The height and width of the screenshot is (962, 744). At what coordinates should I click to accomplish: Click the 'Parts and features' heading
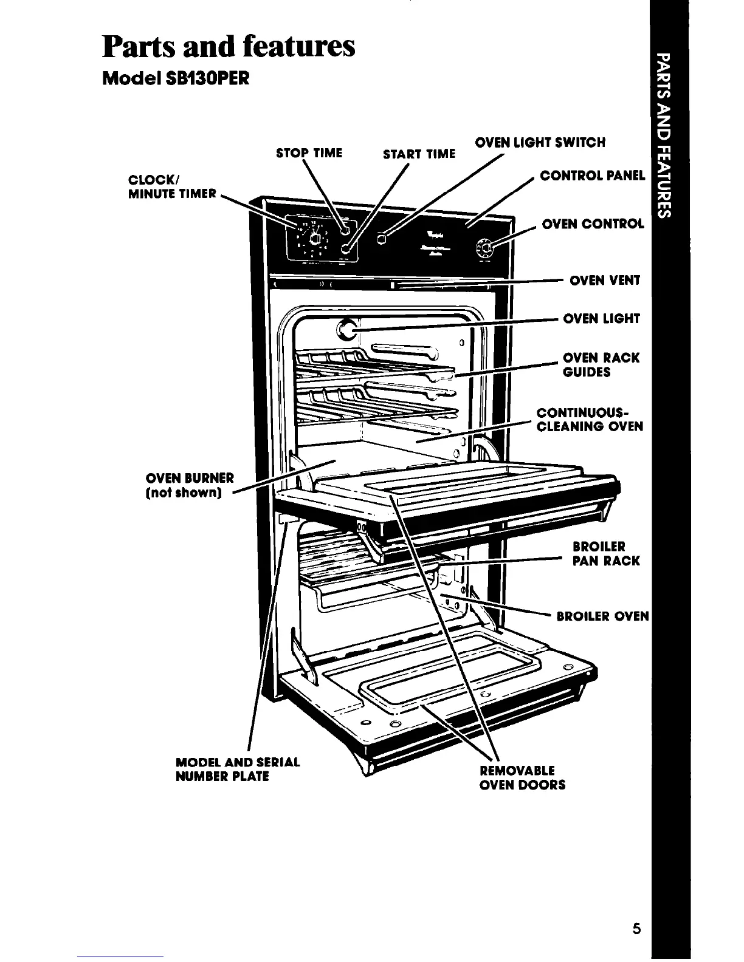coord(229,47)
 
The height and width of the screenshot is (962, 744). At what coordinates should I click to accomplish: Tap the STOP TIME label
coord(309,152)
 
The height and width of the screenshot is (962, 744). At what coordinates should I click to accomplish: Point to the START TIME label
coord(419,154)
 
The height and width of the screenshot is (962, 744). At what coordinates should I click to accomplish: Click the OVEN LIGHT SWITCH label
coord(540,143)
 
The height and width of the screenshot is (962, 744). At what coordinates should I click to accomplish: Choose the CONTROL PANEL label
coord(592,176)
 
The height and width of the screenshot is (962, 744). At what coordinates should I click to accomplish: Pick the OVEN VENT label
coord(604,281)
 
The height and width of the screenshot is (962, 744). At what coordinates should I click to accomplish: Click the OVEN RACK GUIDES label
coord(601,365)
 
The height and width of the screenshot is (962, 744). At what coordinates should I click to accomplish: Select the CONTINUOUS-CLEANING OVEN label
coord(589,420)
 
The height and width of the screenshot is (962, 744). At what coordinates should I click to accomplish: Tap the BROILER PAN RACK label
coord(605,553)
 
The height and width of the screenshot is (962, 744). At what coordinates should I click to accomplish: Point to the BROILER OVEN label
coord(603,617)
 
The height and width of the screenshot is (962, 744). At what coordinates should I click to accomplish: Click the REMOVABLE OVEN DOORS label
coord(522,778)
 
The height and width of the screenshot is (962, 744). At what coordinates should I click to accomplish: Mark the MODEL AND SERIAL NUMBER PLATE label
coord(237,769)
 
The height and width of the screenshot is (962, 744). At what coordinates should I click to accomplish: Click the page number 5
coord(636,929)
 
